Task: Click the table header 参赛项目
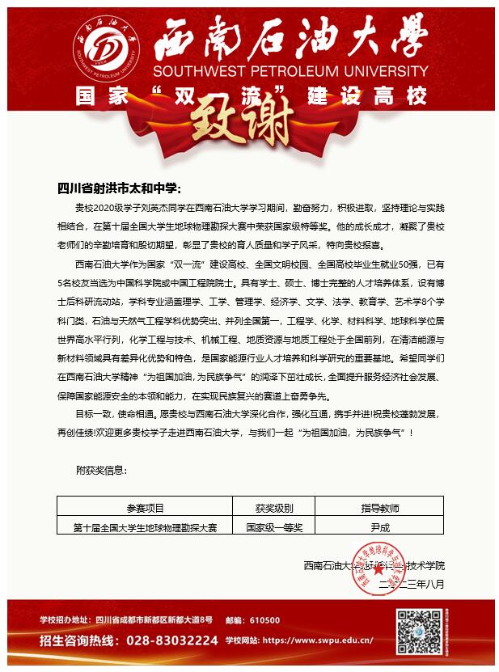point(145,509)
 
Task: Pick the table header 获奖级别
point(273,509)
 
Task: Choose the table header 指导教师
point(379,509)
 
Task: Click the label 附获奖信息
point(101,470)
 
